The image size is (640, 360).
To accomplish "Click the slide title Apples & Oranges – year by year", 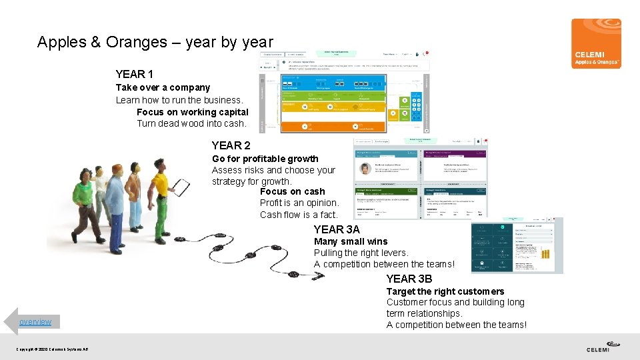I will [155, 42].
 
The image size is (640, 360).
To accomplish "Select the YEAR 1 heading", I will [134, 74].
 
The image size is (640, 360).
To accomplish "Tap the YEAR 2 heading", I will [231, 145].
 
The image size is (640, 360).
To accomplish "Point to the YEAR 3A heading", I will [336, 229].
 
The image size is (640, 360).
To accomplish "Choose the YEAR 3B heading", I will [409, 279].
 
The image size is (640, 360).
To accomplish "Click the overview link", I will [35, 322].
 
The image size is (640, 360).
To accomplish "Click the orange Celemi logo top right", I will [596, 43].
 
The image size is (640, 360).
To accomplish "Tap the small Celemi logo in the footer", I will [603, 347].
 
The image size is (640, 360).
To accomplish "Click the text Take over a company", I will [163, 87].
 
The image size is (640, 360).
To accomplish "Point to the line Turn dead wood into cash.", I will [191, 123].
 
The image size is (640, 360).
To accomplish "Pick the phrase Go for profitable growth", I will [265, 159].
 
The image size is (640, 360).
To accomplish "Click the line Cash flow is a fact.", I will [299, 215].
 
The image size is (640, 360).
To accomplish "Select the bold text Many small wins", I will [350, 241].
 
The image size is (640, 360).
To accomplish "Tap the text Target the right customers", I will [445, 291].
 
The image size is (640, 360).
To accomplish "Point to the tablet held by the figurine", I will [181, 185].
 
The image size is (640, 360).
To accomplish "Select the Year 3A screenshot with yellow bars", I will [517, 245].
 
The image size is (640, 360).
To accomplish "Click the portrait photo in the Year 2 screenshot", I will [365, 169].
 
